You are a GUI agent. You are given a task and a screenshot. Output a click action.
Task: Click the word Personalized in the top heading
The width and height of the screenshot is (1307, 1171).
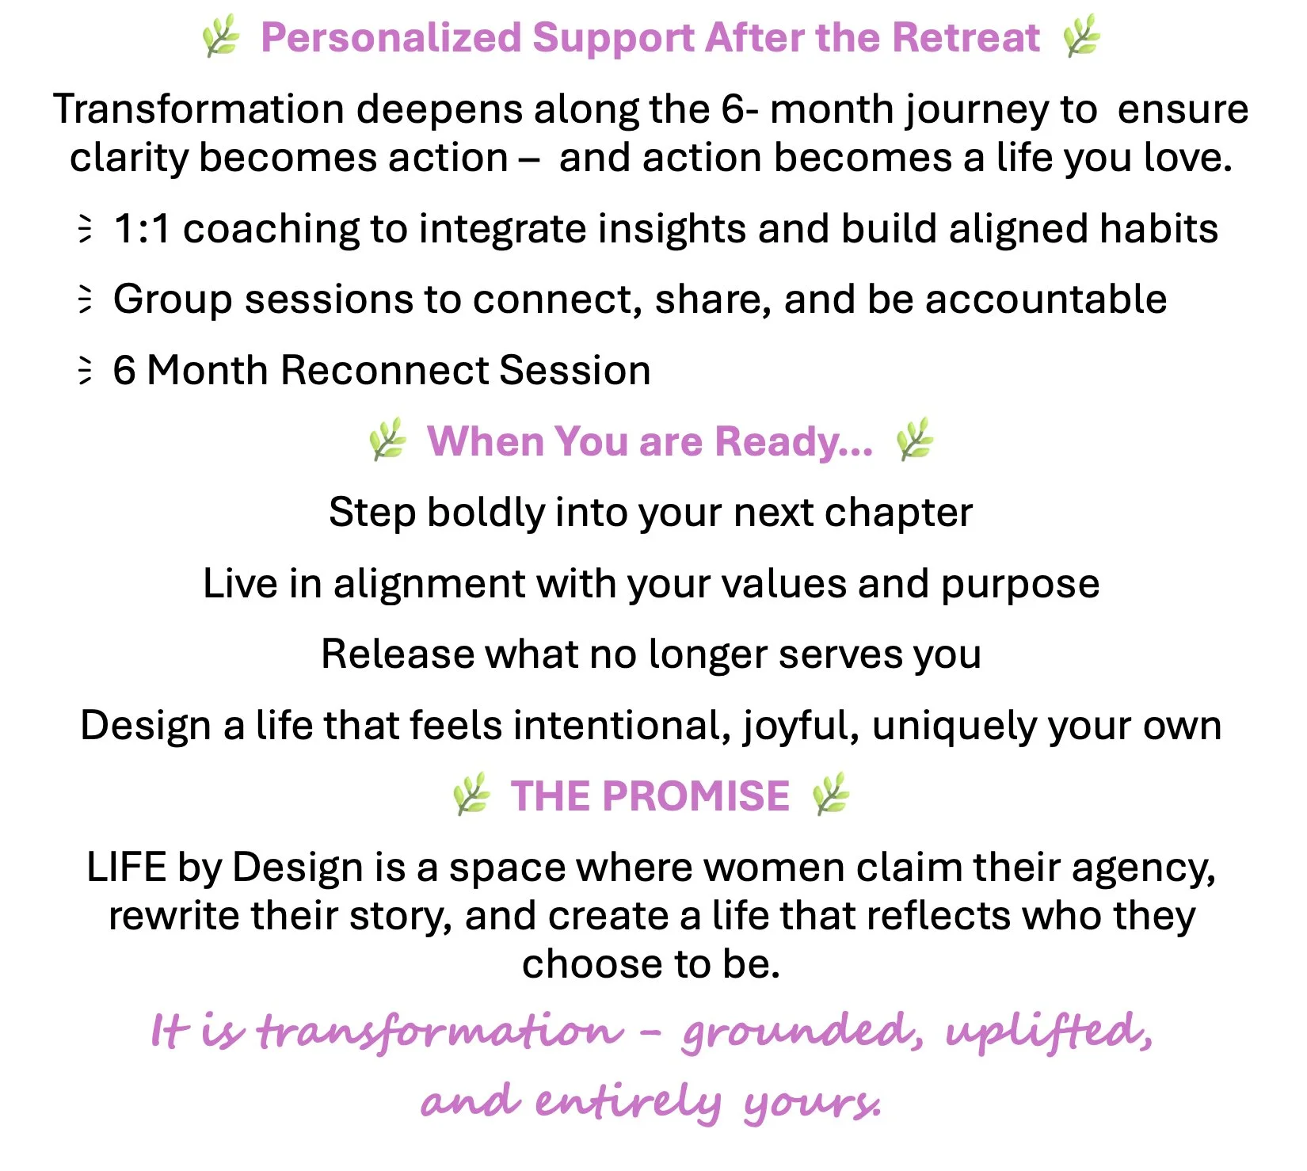pyautogui.click(x=391, y=38)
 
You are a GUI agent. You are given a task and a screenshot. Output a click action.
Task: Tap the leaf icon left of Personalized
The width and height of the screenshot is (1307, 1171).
pyautogui.click(x=221, y=37)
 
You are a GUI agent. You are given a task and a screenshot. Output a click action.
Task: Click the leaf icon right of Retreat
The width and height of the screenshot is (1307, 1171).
pyautogui.click(x=1081, y=36)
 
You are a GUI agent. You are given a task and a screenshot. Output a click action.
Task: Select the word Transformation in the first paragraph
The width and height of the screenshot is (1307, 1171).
pyautogui.click(x=199, y=109)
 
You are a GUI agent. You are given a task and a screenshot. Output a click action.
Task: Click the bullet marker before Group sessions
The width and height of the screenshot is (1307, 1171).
pyautogui.click(x=85, y=299)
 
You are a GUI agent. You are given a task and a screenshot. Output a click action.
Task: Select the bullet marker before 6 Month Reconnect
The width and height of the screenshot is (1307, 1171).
pyautogui.click(x=85, y=371)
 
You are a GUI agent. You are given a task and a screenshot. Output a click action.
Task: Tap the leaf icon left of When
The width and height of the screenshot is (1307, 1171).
pyautogui.click(x=388, y=440)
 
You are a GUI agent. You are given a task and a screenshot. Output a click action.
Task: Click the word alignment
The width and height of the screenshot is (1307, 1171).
pyautogui.click(x=429, y=585)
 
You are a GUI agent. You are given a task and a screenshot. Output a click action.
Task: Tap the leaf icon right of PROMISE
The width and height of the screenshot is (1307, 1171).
pyautogui.click(x=831, y=795)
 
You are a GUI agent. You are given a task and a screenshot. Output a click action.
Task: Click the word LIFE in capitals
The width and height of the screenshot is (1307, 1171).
pyautogui.click(x=126, y=868)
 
